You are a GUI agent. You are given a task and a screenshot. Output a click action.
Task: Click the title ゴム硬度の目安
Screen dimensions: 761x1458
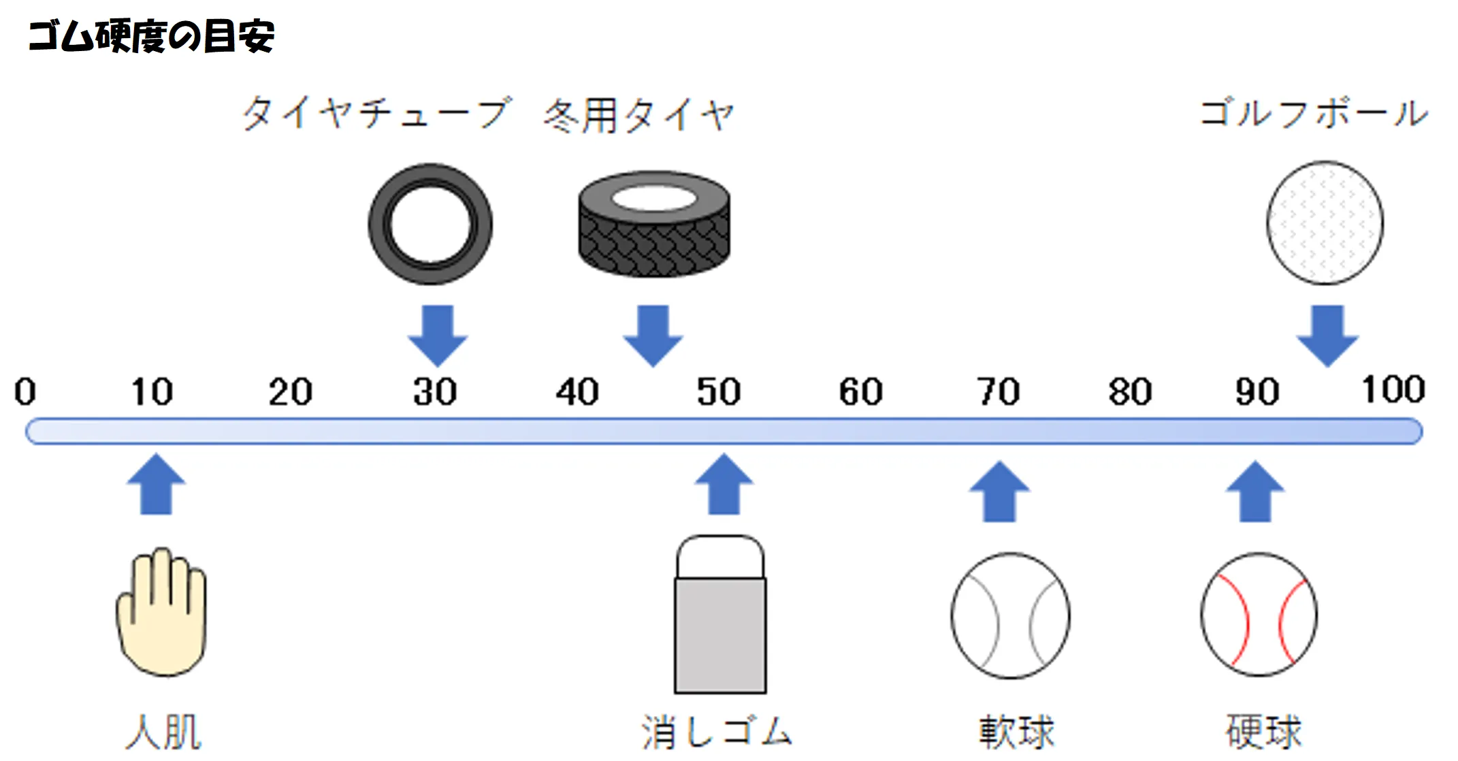(x=151, y=36)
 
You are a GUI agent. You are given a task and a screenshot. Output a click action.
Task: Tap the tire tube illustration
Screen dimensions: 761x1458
(x=430, y=224)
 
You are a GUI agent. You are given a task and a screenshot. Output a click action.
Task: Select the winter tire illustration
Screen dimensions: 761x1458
(x=654, y=225)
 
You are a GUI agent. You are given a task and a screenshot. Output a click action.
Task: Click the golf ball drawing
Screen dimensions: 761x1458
(x=1325, y=223)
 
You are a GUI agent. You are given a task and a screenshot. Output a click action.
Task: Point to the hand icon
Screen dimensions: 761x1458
(x=161, y=612)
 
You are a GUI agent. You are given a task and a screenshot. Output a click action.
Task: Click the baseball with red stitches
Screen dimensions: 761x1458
(x=1259, y=615)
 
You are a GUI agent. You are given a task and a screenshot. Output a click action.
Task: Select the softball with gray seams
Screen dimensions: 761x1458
(x=1010, y=615)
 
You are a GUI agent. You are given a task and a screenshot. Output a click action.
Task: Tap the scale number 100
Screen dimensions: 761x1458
(x=1393, y=390)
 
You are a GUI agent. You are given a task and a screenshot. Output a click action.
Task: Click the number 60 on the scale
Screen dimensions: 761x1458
(x=860, y=392)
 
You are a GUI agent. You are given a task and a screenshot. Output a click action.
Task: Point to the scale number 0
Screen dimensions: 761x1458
(x=25, y=392)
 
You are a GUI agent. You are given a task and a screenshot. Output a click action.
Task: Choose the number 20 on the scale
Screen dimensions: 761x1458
(x=290, y=392)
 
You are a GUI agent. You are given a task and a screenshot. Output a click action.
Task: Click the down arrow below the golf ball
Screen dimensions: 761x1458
(x=1327, y=336)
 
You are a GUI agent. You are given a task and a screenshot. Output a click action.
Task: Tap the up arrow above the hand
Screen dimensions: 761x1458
(x=157, y=484)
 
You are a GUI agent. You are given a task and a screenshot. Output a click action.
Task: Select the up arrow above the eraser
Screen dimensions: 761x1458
(x=724, y=484)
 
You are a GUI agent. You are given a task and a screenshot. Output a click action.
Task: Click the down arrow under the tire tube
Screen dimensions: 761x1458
(x=437, y=336)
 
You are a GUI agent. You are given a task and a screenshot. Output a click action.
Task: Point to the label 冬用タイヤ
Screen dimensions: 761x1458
(x=638, y=114)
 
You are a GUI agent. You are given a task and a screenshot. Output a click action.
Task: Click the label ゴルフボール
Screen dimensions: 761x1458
(x=1313, y=113)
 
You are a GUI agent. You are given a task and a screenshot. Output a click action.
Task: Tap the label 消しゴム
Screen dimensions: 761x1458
(x=717, y=732)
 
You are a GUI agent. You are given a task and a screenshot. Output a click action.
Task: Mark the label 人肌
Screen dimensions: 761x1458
(x=164, y=732)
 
